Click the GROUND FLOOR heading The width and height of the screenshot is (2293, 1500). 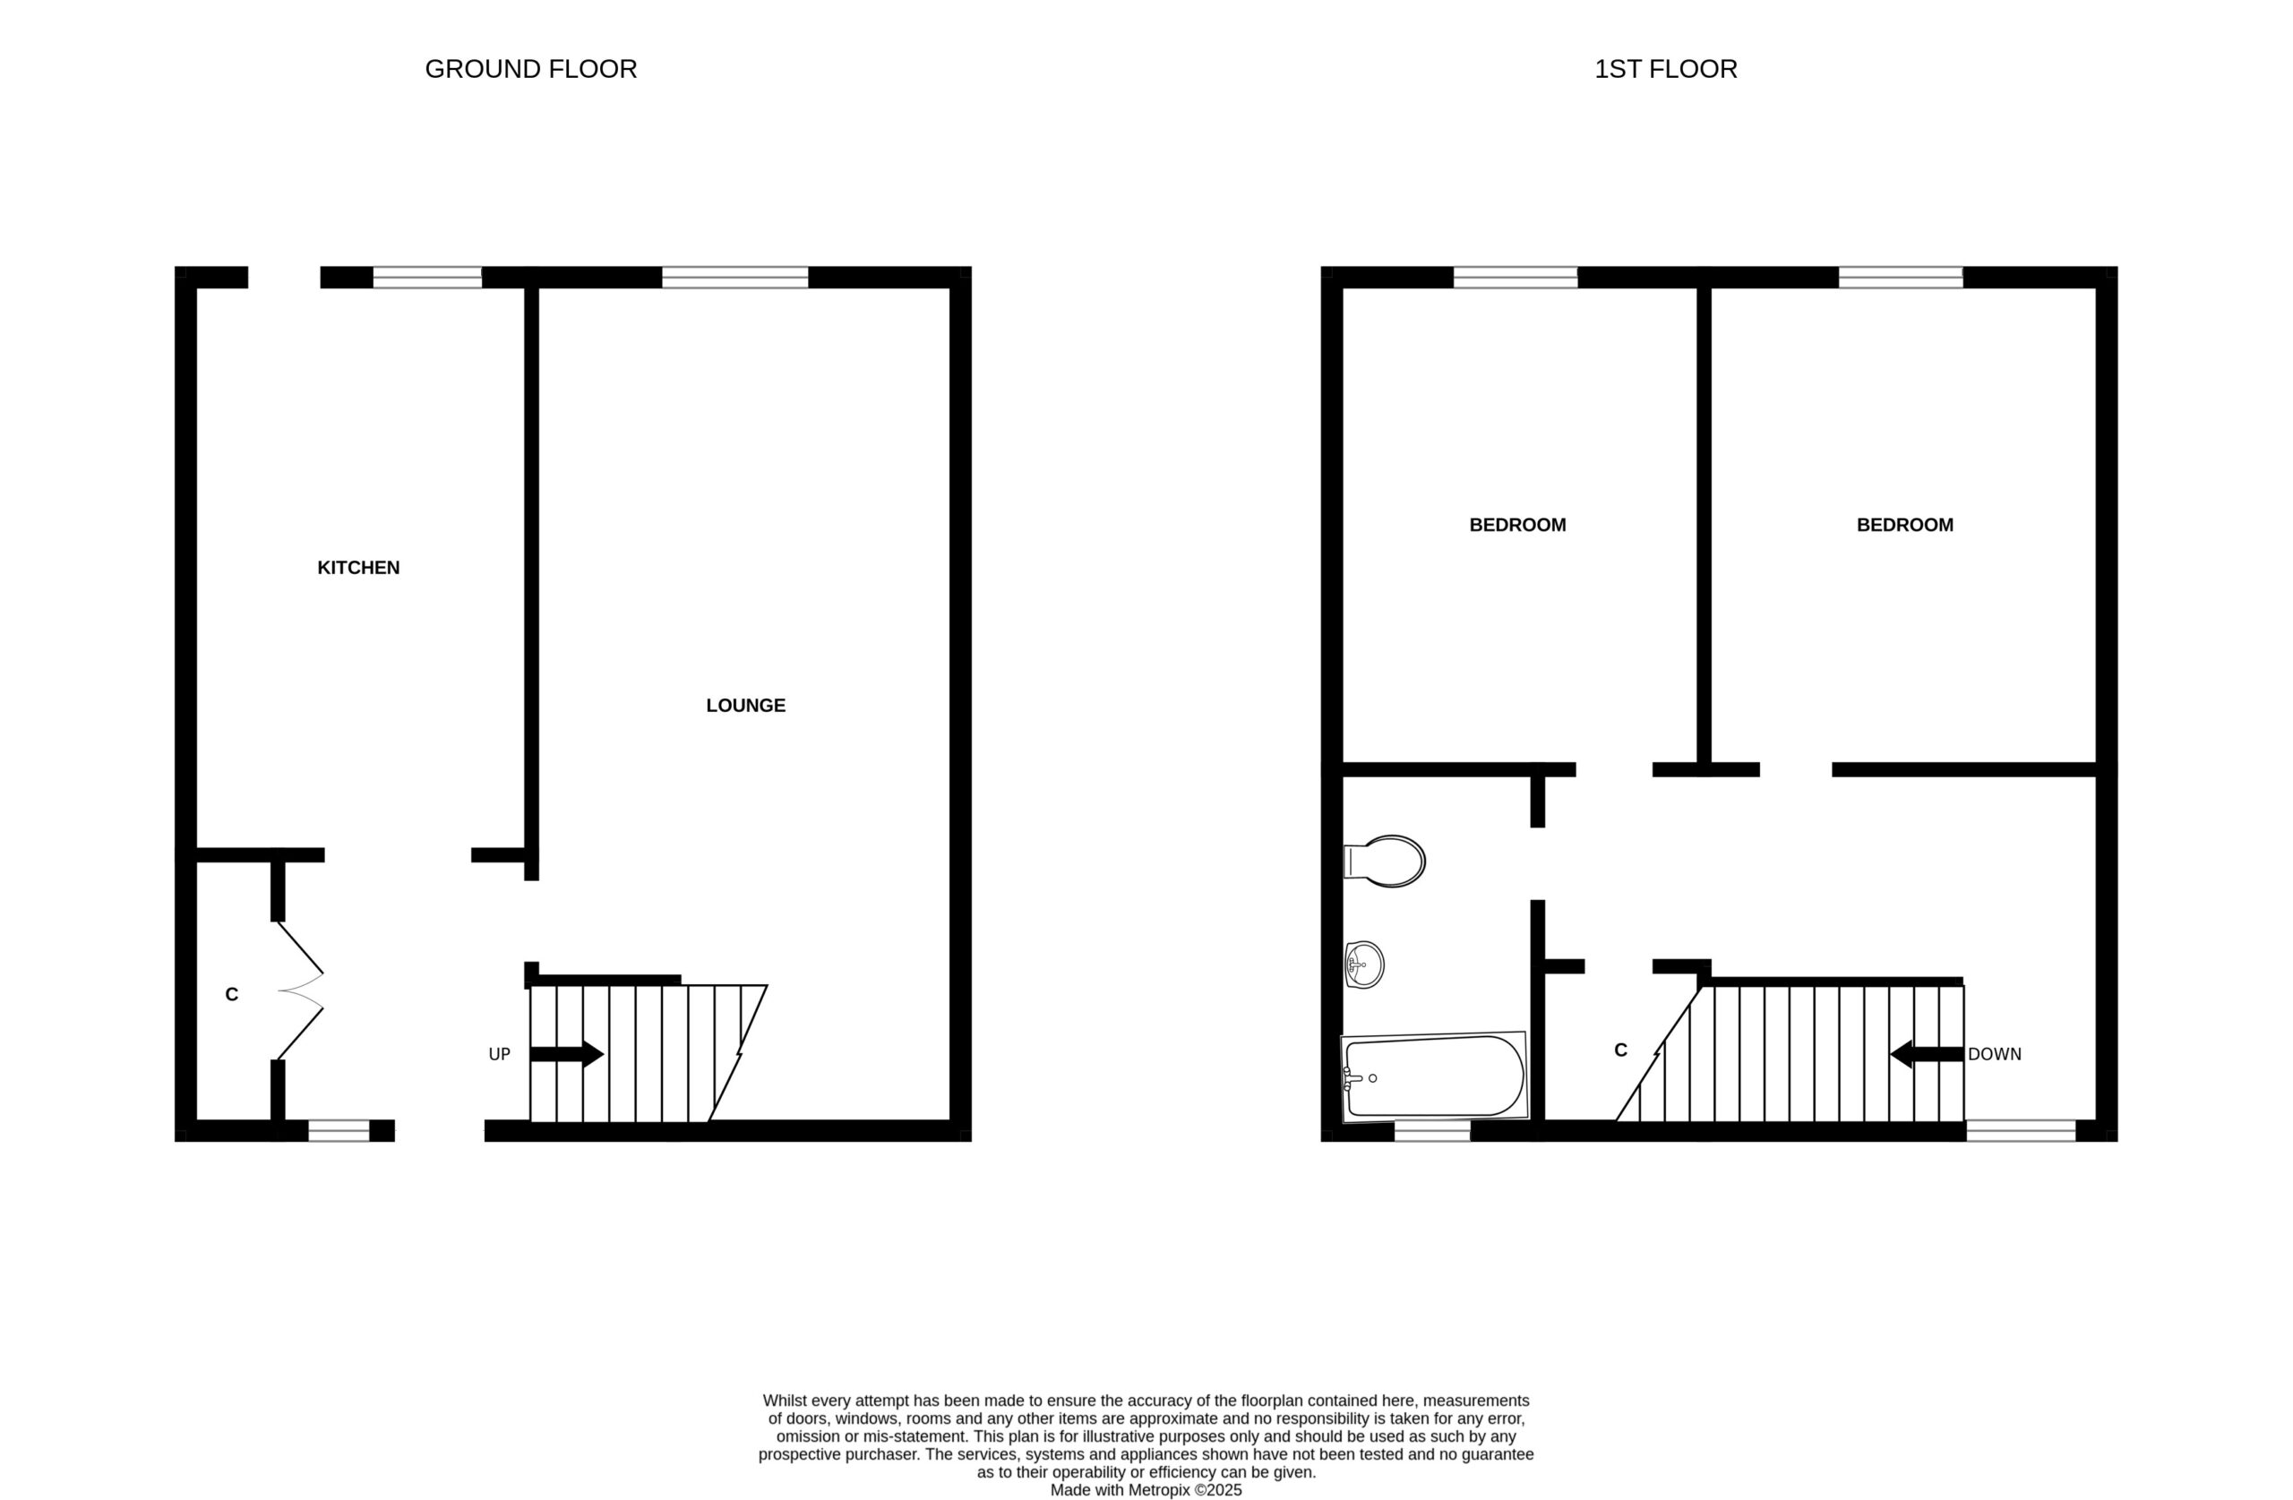coord(531,69)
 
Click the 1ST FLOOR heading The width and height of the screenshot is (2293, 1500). coord(1666,69)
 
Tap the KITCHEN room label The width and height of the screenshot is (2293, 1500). coord(358,569)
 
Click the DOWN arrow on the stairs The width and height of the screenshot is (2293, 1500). coord(1927,1054)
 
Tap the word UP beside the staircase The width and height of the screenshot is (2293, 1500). coord(499,1055)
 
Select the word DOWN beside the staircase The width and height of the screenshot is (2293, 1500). coord(1995,1055)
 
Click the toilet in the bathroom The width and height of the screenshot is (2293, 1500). coord(1385,861)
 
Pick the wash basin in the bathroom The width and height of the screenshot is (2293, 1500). coord(1364,964)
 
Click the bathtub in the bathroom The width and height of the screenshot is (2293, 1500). coord(1435,1077)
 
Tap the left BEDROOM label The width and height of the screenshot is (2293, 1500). coord(1517,526)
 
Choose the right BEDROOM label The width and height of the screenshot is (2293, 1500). coord(1905,526)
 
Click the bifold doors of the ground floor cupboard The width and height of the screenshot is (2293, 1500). coord(300,991)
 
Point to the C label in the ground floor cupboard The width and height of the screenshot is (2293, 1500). coord(231,995)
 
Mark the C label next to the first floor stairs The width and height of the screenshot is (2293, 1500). coord(1620,1051)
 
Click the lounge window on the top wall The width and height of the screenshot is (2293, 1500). coord(735,278)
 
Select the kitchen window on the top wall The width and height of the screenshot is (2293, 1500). coord(428,278)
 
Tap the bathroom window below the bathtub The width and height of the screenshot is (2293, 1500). coord(1432,1131)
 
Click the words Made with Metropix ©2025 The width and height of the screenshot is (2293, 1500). coord(1146,1490)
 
